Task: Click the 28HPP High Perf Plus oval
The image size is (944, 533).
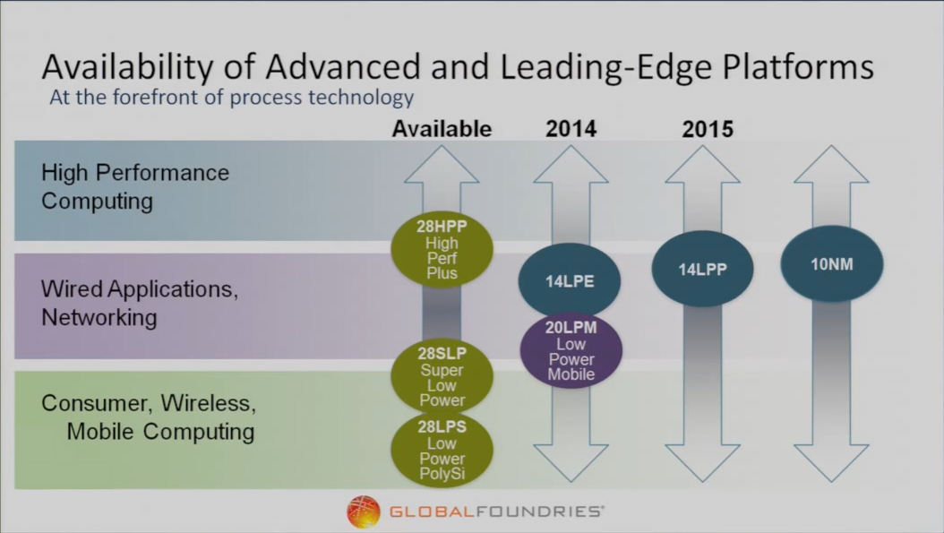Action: click(442, 249)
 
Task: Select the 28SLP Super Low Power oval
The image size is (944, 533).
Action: click(442, 376)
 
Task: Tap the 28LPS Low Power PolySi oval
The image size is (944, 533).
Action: click(442, 450)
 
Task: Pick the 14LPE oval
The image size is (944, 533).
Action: click(570, 280)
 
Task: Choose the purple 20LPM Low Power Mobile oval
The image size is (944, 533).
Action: click(571, 350)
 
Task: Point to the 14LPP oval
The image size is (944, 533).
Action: click(702, 269)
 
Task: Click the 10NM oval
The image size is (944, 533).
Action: click(832, 263)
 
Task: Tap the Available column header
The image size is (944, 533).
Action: click(442, 129)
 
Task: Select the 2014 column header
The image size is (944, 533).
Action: click(571, 129)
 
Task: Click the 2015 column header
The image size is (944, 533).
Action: click(708, 129)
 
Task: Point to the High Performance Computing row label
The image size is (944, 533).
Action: click(135, 186)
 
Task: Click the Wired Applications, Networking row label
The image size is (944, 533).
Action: click(140, 303)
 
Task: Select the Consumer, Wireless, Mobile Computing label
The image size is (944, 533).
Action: click(149, 417)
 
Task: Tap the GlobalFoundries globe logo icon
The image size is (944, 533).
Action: click(364, 512)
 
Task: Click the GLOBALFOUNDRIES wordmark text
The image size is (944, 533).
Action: click(497, 512)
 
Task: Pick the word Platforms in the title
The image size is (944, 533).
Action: click(798, 66)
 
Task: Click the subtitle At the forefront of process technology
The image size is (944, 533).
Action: click(232, 97)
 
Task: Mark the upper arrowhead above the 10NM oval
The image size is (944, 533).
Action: click(831, 164)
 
